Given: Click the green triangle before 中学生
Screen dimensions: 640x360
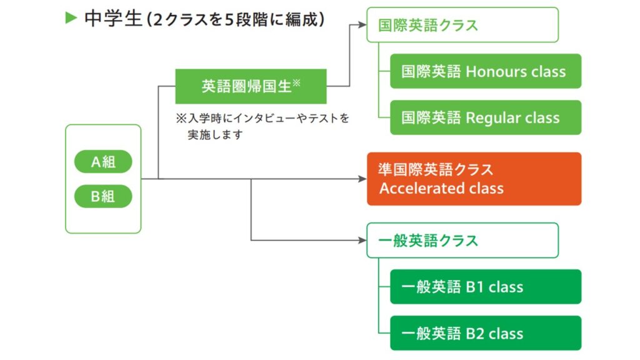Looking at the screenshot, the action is (x=71, y=18).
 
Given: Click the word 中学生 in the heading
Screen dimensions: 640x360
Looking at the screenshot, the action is (x=113, y=19).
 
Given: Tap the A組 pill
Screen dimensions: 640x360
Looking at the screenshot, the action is (x=103, y=162).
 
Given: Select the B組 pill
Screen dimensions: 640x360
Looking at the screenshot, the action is (x=103, y=196).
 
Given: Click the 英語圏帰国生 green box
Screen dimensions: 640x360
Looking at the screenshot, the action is (x=251, y=86).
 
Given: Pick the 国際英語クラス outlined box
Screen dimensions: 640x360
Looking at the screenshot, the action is (x=462, y=25).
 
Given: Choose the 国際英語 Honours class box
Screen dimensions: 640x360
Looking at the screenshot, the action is (x=486, y=71).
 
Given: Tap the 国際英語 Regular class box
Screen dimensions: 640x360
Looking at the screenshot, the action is (x=486, y=117).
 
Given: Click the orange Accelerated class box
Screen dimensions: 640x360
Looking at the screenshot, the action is (x=474, y=179).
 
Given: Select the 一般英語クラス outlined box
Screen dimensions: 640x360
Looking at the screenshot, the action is (x=462, y=241).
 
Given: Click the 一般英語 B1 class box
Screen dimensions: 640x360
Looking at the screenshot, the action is (x=486, y=286).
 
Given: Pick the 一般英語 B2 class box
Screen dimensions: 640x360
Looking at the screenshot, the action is (x=486, y=333).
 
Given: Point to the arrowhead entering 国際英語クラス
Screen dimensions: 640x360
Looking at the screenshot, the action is (x=362, y=24).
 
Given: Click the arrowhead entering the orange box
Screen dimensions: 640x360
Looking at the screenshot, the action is (x=362, y=179).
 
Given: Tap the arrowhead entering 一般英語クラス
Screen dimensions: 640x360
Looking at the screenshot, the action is (x=362, y=241).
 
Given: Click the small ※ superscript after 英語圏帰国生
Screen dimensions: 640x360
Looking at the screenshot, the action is (x=297, y=83).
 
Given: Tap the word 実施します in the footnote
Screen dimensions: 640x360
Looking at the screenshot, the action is (x=215, y=135).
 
